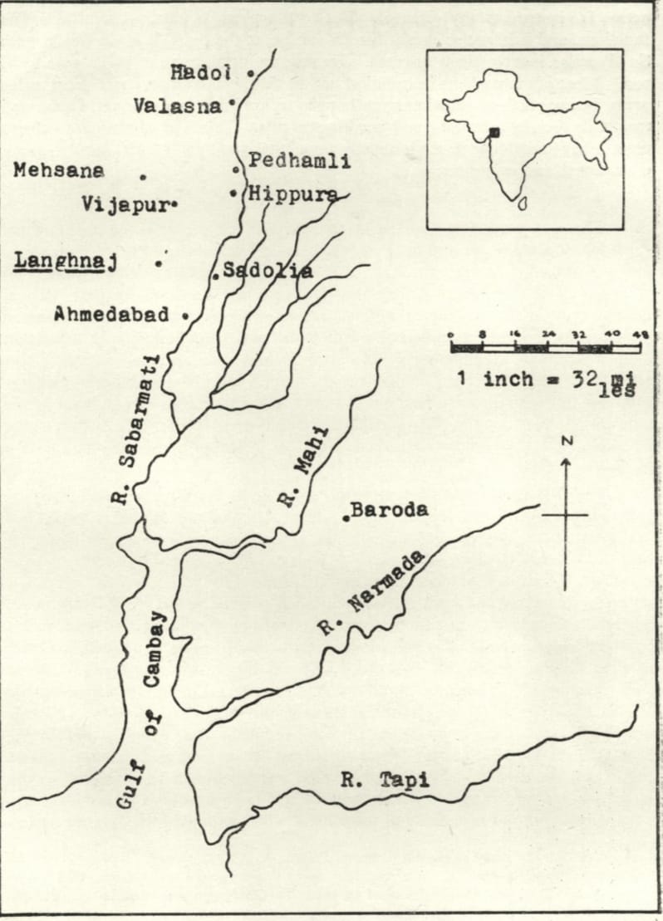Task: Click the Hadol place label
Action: [x=200, y=73]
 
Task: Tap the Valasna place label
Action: [x=178, y=105]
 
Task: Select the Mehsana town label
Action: [x=59, y=170]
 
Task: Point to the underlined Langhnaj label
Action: [x=64, y=263]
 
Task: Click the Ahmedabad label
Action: [x=111, y=315]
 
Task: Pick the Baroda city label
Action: [x=390, y=510]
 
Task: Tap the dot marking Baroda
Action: [x=345, y=518]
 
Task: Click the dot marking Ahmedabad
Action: [x=184, y=316]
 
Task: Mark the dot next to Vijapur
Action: [x=175, y=204]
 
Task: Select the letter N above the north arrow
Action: [x=565, y=441]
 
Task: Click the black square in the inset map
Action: [x=494, y=132]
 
